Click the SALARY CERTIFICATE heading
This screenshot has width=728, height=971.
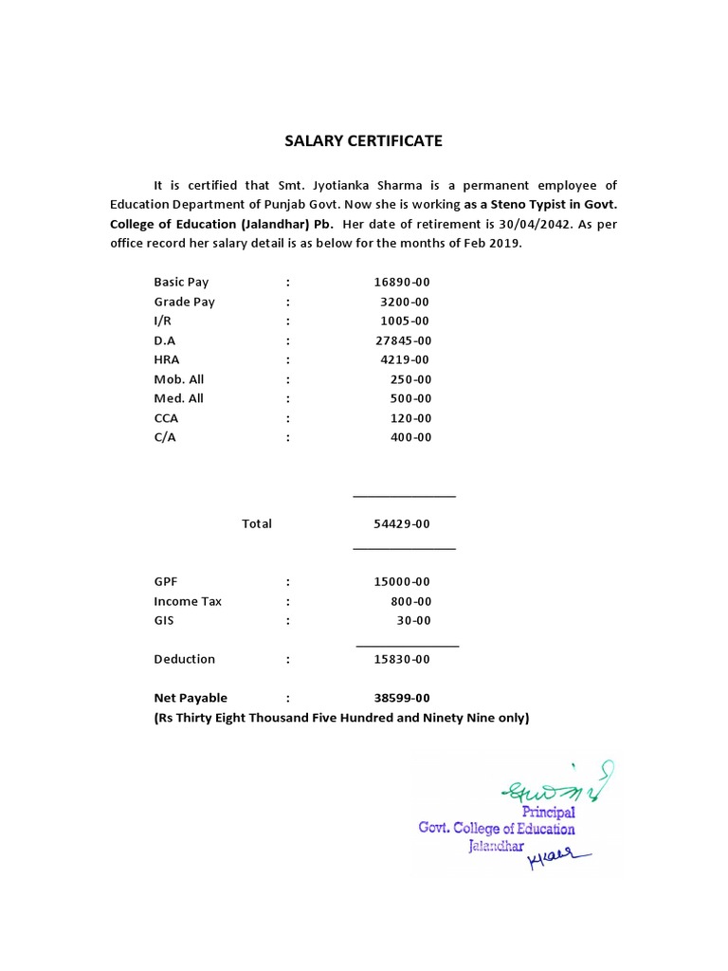coord(364,141)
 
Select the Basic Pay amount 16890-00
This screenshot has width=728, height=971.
coord(403,283)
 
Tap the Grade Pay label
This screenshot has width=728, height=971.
coord(185,302)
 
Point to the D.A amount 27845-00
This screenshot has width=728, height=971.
coord(403,340)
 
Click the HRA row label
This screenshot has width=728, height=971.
coord(167,359)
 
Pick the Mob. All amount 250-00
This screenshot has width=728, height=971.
coord(410,379)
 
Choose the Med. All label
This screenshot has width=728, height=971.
coord(179,398)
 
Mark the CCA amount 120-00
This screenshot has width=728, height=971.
coord(410,418)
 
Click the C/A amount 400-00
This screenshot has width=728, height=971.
coord(410,437)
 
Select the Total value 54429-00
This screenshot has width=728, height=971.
coord(403,524)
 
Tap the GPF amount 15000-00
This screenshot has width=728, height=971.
coord(403,582)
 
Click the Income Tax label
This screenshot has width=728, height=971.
coord(189,601)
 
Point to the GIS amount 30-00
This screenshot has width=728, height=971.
coord(414,621)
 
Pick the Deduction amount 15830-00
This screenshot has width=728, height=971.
coord(403,659)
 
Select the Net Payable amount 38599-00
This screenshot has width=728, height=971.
coord(403,698)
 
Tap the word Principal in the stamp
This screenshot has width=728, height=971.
coord(548,812)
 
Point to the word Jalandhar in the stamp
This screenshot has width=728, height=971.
coord(497,846)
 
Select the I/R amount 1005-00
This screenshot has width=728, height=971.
coord(407,321)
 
